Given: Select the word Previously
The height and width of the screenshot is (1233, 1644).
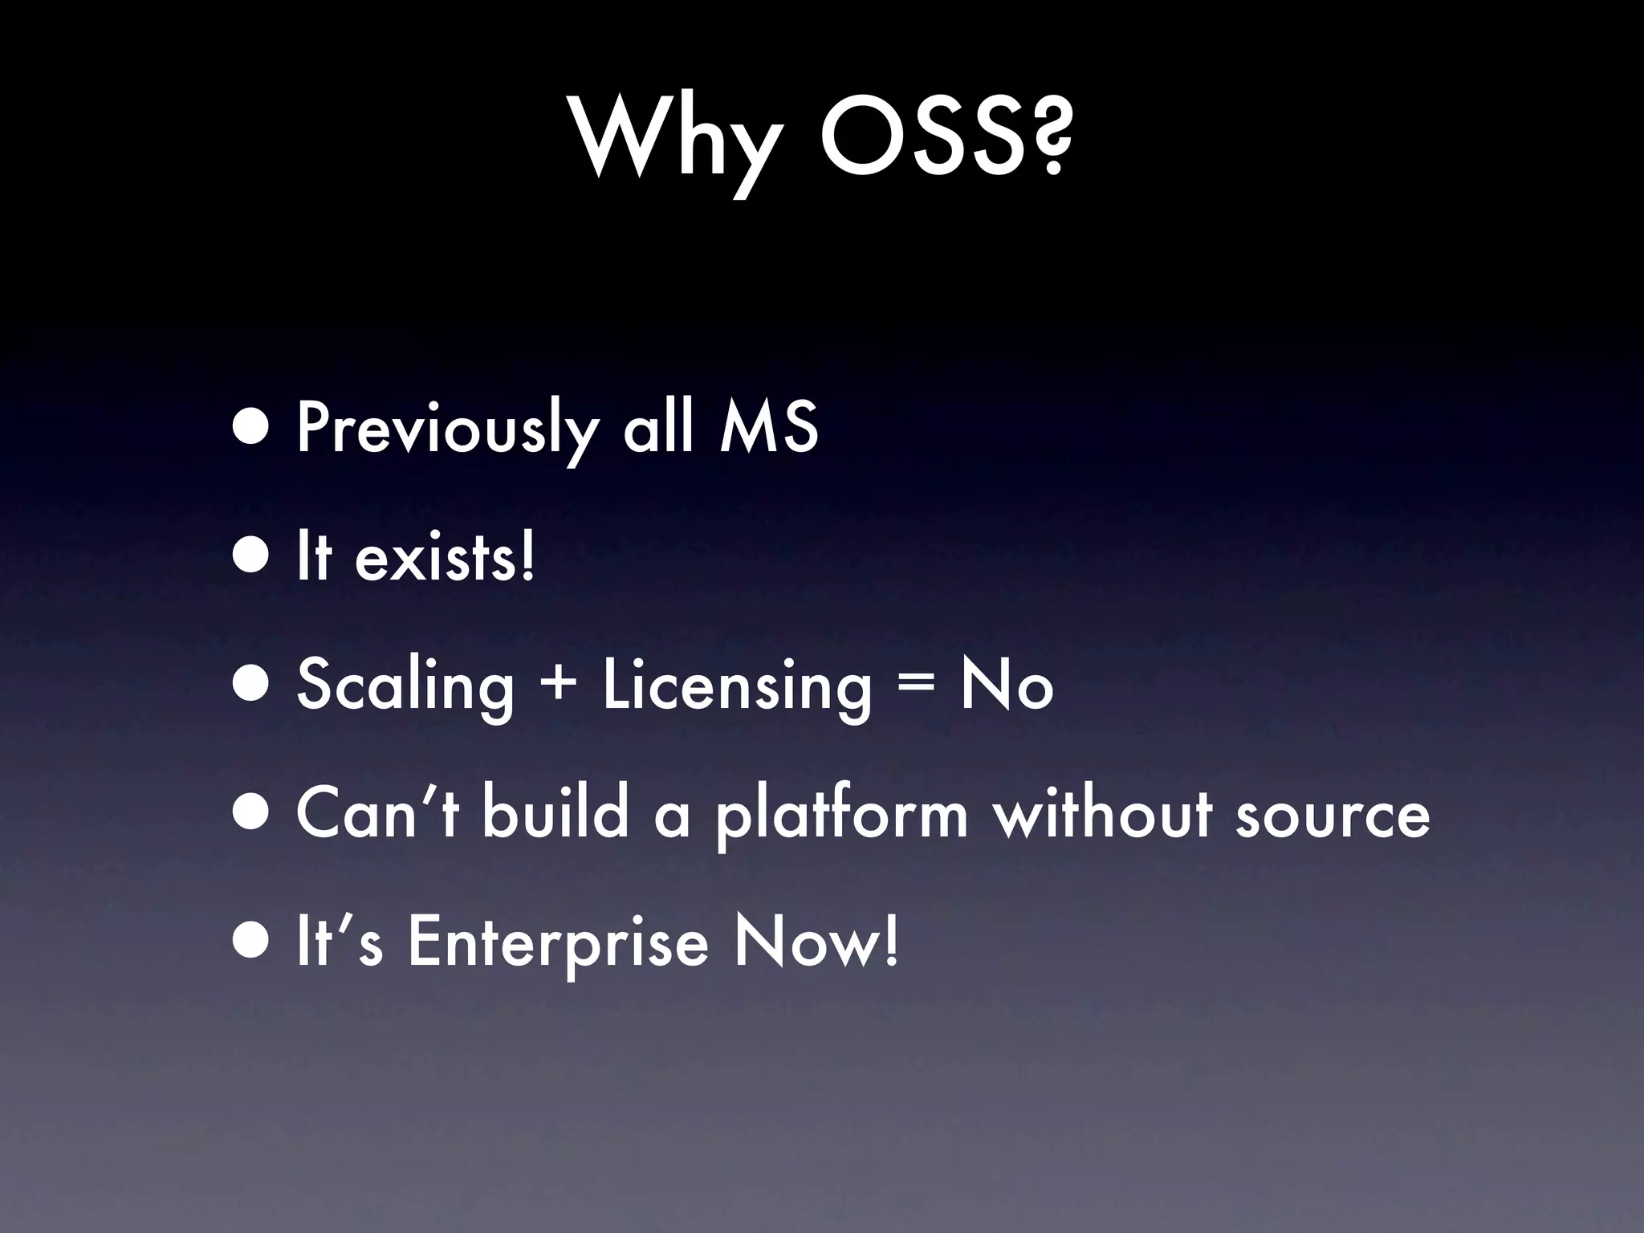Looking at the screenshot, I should click(x=446, y=429).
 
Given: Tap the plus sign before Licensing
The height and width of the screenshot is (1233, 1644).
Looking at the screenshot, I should click(x=558, y=686).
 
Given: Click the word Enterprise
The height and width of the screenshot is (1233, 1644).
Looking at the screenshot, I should click(x=558, y=943).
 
